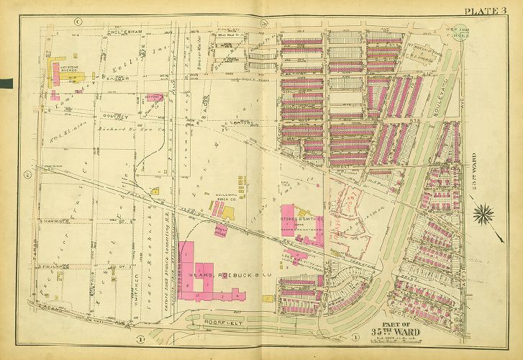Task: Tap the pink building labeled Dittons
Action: point(153,96)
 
